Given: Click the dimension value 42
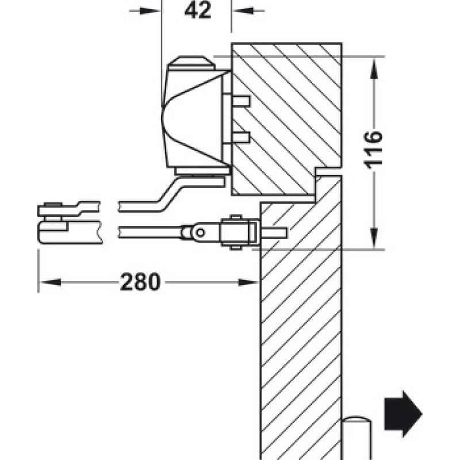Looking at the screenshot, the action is pos(198,10).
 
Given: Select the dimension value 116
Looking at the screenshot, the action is pos(373,150).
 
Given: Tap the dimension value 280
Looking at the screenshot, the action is pos(140,282).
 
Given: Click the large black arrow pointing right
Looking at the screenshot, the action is pos(404,414).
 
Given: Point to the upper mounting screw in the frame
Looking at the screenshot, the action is pos(240,101).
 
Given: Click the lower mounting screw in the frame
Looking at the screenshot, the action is pos(240,137).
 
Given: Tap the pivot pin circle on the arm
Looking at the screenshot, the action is pos(200,233).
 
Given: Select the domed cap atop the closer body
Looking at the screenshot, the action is pos(191,63).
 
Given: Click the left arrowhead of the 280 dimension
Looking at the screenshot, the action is pos(51,282).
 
